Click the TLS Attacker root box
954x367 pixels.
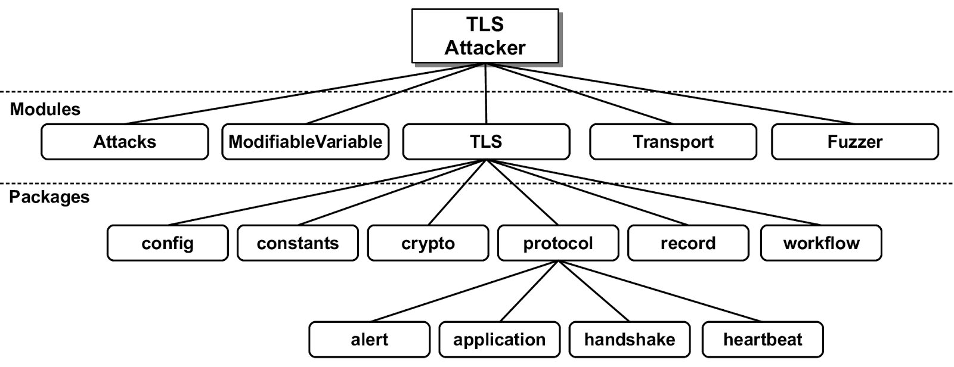coord(485,36)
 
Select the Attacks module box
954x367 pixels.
coord(125,142)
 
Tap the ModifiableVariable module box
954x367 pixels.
coord(305,142)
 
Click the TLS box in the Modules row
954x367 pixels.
coord(486,142)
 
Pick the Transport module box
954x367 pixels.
coord(673,142)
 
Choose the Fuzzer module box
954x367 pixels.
coord(854,142)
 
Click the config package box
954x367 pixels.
coord(168,243)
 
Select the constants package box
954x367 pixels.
coord(298,243)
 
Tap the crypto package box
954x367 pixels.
coord(428,243)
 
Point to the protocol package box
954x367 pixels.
coord(557,243)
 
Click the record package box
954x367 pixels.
coord(687,243)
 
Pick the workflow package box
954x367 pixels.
coord(821,243)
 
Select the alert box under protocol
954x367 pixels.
coord(369,340)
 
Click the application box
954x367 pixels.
coord(499,340)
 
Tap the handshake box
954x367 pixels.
coord(629,340)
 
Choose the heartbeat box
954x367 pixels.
coord(763,340)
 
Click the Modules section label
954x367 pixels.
coord(45,110)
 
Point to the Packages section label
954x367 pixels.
coord(49,197)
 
